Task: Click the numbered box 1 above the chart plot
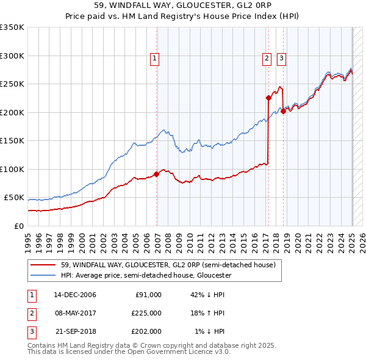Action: tap(155, 59)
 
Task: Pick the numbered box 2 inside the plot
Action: tap(267, 59)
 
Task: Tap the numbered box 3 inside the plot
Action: tap(281, 59)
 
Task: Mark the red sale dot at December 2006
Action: tap(157, 174)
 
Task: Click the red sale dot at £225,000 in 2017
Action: tap(268, 98)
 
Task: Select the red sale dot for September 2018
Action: tap(283, 111)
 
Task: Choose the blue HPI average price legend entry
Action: tap(146, 276)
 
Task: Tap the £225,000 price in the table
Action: tap(146, 313)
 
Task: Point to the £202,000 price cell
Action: tap(146, 331)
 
